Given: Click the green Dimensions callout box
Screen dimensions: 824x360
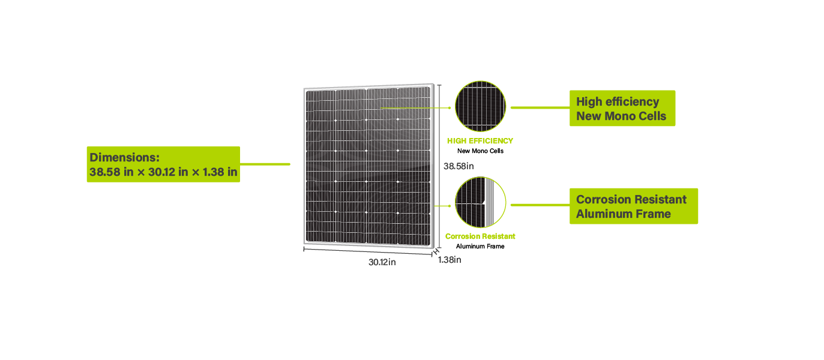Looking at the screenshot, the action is pos(163,164).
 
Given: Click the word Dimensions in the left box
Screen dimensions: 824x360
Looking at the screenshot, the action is pos(124,157).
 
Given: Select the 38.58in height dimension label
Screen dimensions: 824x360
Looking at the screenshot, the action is pos(459,166).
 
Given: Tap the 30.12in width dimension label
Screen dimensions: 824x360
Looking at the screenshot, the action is pos(382,262).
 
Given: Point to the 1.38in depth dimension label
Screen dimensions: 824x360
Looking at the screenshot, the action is pos(450,260).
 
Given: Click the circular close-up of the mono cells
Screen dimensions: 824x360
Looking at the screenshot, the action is pos(481,106).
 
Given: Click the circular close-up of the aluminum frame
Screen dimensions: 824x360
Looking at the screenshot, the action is pos(481,202).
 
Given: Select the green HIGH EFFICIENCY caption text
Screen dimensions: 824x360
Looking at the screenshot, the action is pos(480,141).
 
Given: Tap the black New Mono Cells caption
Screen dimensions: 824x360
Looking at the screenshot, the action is pos(481,151).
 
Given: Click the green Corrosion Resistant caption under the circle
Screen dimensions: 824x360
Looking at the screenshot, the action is pos(480,236).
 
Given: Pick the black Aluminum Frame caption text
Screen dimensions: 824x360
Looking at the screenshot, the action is pos(480,247).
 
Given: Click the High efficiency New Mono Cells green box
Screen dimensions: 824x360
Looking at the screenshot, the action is pos(622,108).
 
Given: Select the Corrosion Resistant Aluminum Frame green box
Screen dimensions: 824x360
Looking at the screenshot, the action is pos(634,206).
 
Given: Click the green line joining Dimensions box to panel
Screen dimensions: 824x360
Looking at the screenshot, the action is pos(265,164).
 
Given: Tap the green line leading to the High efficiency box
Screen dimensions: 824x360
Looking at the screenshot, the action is pos(540,108).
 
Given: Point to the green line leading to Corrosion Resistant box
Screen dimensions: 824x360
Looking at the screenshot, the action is pos(540,205).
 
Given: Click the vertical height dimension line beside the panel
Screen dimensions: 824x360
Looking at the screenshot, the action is pos(439,166).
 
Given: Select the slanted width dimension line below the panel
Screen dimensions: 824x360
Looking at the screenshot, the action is pos(368,251).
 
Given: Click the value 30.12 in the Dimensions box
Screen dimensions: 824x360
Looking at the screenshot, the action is pos(161,172).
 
